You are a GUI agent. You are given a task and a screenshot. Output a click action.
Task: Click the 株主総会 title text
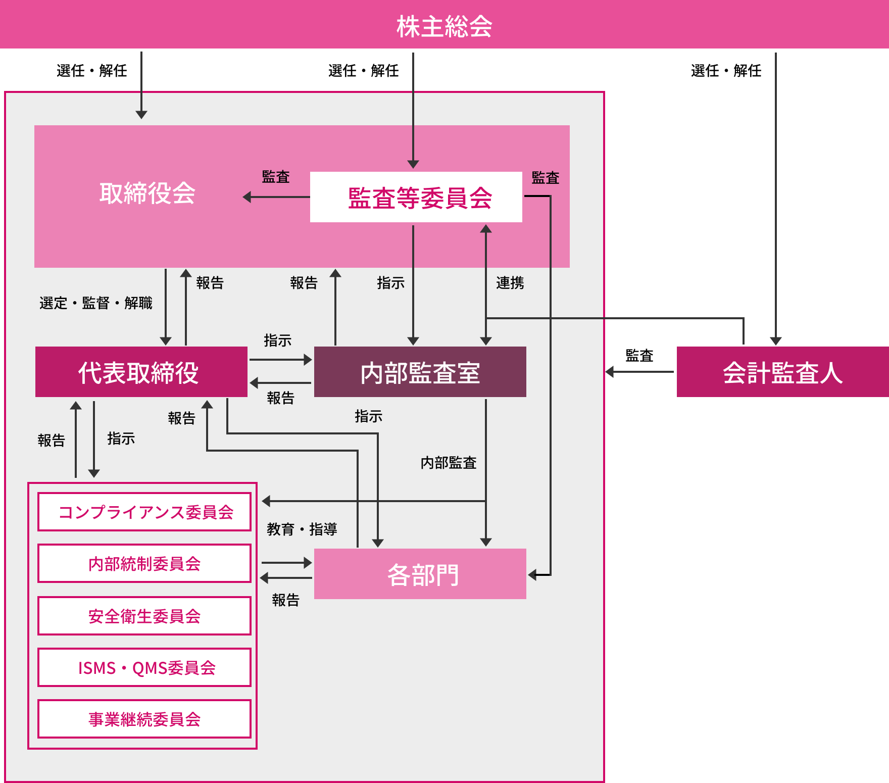point(444,26)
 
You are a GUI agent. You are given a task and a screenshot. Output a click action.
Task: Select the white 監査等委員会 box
point(416,197)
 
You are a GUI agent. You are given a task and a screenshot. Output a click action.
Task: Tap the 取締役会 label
point(147,193)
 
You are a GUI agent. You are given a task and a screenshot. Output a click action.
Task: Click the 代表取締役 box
point(141,372)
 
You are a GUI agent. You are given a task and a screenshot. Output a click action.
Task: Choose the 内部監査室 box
point(420,372)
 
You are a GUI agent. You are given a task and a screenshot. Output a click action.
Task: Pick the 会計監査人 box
point(782,372)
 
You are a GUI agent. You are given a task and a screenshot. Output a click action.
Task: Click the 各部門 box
point(420,574)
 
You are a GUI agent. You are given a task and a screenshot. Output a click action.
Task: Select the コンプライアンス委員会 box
point(144,512)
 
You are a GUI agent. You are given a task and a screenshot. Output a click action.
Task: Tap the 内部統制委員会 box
point(144,563)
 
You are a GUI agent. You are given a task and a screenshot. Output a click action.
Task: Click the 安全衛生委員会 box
point(144,616)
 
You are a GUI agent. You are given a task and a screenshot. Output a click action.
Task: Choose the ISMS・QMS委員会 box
point(144,667)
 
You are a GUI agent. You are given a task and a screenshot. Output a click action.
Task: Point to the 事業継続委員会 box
point(144,719)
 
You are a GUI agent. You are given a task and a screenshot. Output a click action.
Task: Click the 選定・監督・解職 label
point(95,303)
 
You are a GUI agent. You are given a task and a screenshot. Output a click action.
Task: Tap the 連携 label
point(510,283)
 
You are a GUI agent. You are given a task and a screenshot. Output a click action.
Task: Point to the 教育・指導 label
point(302,529)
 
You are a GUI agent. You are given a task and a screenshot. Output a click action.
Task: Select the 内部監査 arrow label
point(449,463)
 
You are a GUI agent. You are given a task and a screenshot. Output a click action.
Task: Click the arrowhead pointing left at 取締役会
point(248,197)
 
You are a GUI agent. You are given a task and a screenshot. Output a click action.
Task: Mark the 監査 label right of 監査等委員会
point(545,178)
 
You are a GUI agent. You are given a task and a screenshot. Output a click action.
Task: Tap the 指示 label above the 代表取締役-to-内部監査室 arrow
point(277,340)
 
